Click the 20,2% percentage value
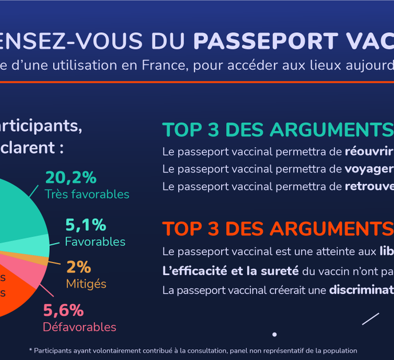click(x=70, y=177)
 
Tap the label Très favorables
click(x=87, y=194)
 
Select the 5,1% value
click(x=86, y=225)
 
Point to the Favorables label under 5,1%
click(x=95, y=241)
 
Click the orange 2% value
click(x=78, y=267)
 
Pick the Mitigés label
click(x=86, y=284)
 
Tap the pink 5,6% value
click(x=64, y=311)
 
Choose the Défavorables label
click(x=80, y=327)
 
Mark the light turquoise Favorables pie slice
click(x=34, y=245)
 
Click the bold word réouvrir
click(x=369, y=152)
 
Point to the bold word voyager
click(x=369, y=169)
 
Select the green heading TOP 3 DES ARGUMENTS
click(x=278, y=130)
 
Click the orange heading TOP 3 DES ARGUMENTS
click(x=278, y=229)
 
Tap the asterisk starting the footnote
click(x=31, y=350)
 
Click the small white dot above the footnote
click(x=274, y=334)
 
